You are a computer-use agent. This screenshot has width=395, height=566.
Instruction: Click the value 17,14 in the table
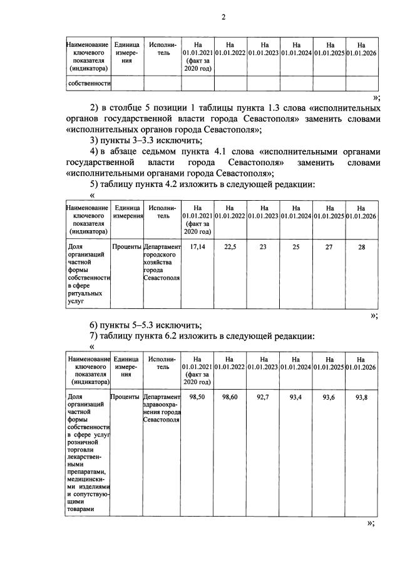(x=198, y=246)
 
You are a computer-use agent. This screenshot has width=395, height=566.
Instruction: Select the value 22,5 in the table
(x=230, y=246)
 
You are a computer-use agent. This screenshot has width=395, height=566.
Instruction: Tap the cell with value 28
(x=361, y=246)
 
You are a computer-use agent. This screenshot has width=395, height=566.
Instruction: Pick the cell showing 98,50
(x=198, y=398)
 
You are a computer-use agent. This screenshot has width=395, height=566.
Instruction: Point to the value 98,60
(x=230, y=398)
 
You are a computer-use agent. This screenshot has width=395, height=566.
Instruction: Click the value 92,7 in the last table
(x=263, y=398)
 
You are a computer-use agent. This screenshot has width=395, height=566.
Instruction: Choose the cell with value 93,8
(x=361, y=398)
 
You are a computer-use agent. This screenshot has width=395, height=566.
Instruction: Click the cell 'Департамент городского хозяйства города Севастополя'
(x=162, y=262)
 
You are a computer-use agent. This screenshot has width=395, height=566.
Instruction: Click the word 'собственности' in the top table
(x=89, y=83)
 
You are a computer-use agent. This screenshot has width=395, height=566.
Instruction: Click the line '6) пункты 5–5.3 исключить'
(x=145, y=325)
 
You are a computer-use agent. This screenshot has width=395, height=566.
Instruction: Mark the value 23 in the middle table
(x=263, y=246)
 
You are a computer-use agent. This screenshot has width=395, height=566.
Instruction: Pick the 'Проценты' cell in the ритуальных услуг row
(x=126, y=247)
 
